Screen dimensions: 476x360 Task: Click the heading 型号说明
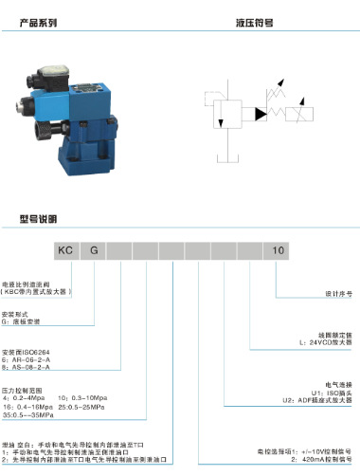pos(39,218)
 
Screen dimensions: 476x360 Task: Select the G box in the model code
pos(95,250)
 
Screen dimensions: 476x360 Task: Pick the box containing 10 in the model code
pos(278,250)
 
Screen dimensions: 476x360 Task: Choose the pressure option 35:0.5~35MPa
pos(28,415)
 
